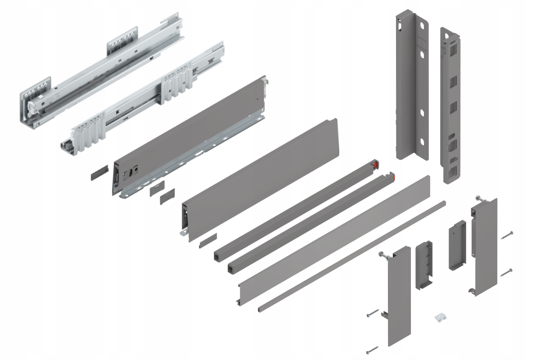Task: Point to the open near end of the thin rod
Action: pyautogui.click(x=261, y=310)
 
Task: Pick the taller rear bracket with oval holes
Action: pyautogui.click(x=410, y=85)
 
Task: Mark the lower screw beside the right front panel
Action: pyautogui.click(x=506, y=272)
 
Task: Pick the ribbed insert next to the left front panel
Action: pyautogui.click(x=423, y=265)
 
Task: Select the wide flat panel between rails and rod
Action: pyautogui.click(x=333, y=238)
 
